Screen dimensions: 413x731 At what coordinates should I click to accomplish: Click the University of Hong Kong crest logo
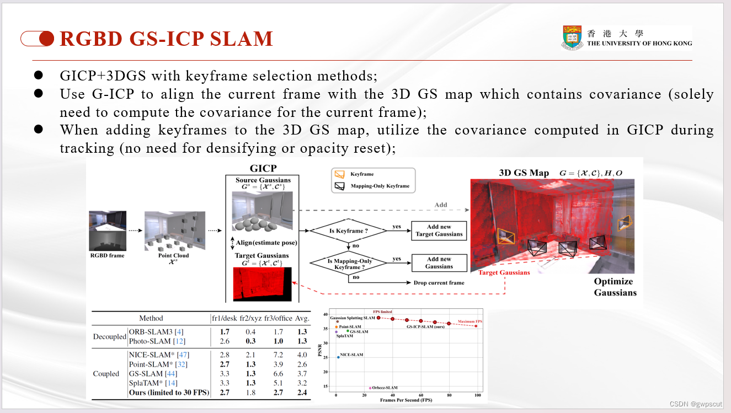point(573,37)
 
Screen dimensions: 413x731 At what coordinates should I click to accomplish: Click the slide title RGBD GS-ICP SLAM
point(166,39)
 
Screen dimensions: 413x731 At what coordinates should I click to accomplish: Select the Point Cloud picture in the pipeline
point(174,231)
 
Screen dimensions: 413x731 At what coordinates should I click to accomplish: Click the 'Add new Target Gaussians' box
point(439,230)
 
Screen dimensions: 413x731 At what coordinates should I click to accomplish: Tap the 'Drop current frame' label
point(439,282)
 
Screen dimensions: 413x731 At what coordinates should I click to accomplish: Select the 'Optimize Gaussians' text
point(615,287)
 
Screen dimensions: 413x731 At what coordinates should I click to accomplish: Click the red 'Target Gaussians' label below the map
point(504,272)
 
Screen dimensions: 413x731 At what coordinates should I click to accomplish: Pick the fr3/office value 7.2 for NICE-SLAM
point(278,355)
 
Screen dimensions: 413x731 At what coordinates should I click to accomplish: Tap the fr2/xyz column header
point(250,318)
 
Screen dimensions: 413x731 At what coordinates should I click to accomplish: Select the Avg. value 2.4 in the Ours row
point(302,393)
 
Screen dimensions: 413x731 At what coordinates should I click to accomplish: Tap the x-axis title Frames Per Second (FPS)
point(407,400)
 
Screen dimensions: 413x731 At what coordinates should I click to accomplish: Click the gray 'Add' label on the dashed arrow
point(440,205)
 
